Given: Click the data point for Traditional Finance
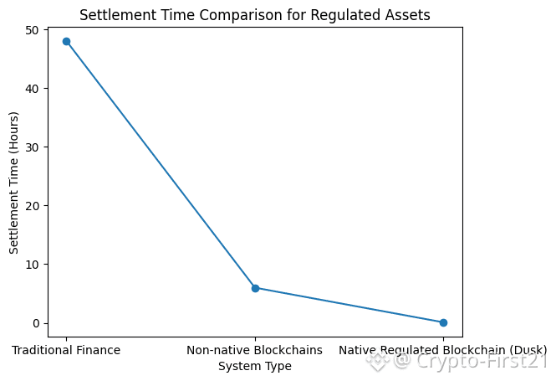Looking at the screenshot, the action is (66, 42).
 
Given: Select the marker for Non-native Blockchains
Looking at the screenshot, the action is (255, 288).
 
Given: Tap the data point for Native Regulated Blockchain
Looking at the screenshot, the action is (443, 322).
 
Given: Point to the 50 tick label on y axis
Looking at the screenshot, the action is (32, 30).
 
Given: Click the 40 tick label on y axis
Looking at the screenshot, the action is (32, 89).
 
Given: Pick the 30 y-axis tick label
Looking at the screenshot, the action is (32, 147).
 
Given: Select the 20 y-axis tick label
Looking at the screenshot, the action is (32, 206).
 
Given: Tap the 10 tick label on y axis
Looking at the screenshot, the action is (32, 265).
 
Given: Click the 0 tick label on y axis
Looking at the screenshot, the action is (36, 323).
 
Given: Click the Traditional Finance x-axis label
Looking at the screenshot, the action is (66, 350).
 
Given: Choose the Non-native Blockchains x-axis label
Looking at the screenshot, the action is (255, 350).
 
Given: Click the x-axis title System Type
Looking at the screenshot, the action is (255, 366).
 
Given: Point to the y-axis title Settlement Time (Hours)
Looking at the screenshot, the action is (13, 183).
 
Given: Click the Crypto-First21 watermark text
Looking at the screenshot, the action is (481, 360).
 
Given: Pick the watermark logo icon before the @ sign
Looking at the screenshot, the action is (377, 361).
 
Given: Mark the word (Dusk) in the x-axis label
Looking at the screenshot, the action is (528, 351).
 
